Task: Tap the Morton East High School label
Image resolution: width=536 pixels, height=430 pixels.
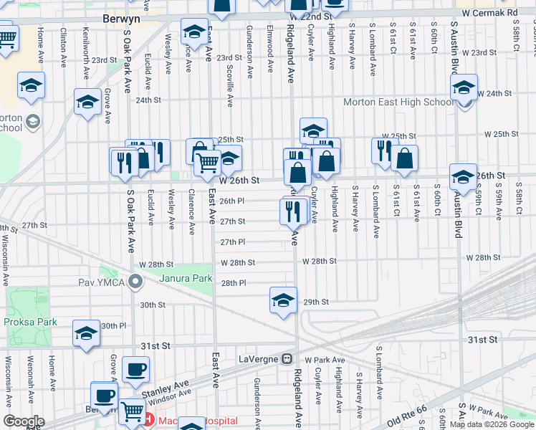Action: click(398, 102)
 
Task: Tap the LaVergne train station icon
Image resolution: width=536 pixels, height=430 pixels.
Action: click(287, 358)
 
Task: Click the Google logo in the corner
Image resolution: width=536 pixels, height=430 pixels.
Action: click(24, 421)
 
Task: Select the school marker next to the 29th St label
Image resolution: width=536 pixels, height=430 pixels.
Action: click(283, 300)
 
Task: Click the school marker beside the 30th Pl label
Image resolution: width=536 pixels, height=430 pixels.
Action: click(87, 333)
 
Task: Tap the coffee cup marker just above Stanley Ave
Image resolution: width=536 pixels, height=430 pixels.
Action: click(135, 370)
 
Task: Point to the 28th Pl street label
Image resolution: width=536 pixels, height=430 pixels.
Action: click(234, 283)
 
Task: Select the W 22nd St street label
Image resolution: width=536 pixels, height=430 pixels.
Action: click(308, 16)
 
